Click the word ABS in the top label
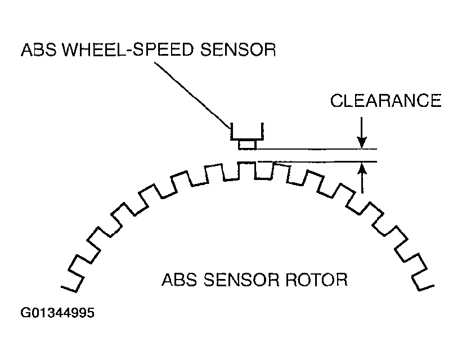(x=39, y=49)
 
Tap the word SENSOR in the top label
(x=238, y=49)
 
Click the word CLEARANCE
(x=385, y=101)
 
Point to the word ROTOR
(x=317, y=280)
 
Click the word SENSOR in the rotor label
(x=241, y=280)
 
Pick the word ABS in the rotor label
(x=180, y=280)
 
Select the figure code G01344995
(x=57, y=313)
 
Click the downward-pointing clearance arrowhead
(x=362, y=142)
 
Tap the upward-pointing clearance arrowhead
(x=362, y=168)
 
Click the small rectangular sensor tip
(x=247, y=145)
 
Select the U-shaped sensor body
(x=247, y=138)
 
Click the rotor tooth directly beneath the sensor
(x=246, y=170)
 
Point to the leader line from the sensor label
(x=192, y=96)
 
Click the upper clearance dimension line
(x=317, y=149)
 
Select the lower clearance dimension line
(x=317, y=161)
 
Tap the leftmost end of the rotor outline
(x=61, y=287)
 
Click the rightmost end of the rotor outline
(x=434, y=285)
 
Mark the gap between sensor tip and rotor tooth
(x=247, y=156)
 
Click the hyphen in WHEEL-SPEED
(x=128, y=51)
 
